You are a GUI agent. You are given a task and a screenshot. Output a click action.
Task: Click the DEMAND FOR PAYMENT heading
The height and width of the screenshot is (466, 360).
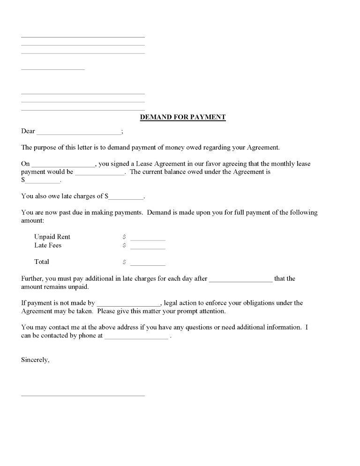[x=183, y=117]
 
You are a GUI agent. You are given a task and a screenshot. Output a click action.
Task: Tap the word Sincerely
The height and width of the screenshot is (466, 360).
[x=35, y=360]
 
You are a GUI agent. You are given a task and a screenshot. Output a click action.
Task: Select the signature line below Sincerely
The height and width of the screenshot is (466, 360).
[x=83, y=395]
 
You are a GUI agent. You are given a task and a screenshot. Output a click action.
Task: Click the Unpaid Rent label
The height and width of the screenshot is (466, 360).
[x=52, y=237]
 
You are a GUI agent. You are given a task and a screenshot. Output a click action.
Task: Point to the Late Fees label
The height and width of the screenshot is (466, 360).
[x=48, y=245]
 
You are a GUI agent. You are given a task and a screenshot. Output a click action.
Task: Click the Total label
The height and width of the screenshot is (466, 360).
[x=42, y=262]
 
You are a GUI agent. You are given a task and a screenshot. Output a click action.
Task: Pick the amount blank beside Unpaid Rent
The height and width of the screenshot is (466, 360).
[x=148, y=239]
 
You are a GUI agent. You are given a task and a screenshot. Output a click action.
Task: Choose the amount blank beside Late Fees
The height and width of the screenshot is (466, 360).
[x=148, y=248]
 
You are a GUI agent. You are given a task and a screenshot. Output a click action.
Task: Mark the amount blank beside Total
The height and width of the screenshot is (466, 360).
[x=148, y=264]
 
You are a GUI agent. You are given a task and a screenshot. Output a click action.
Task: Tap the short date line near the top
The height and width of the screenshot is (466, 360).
[x=53, y=69]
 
